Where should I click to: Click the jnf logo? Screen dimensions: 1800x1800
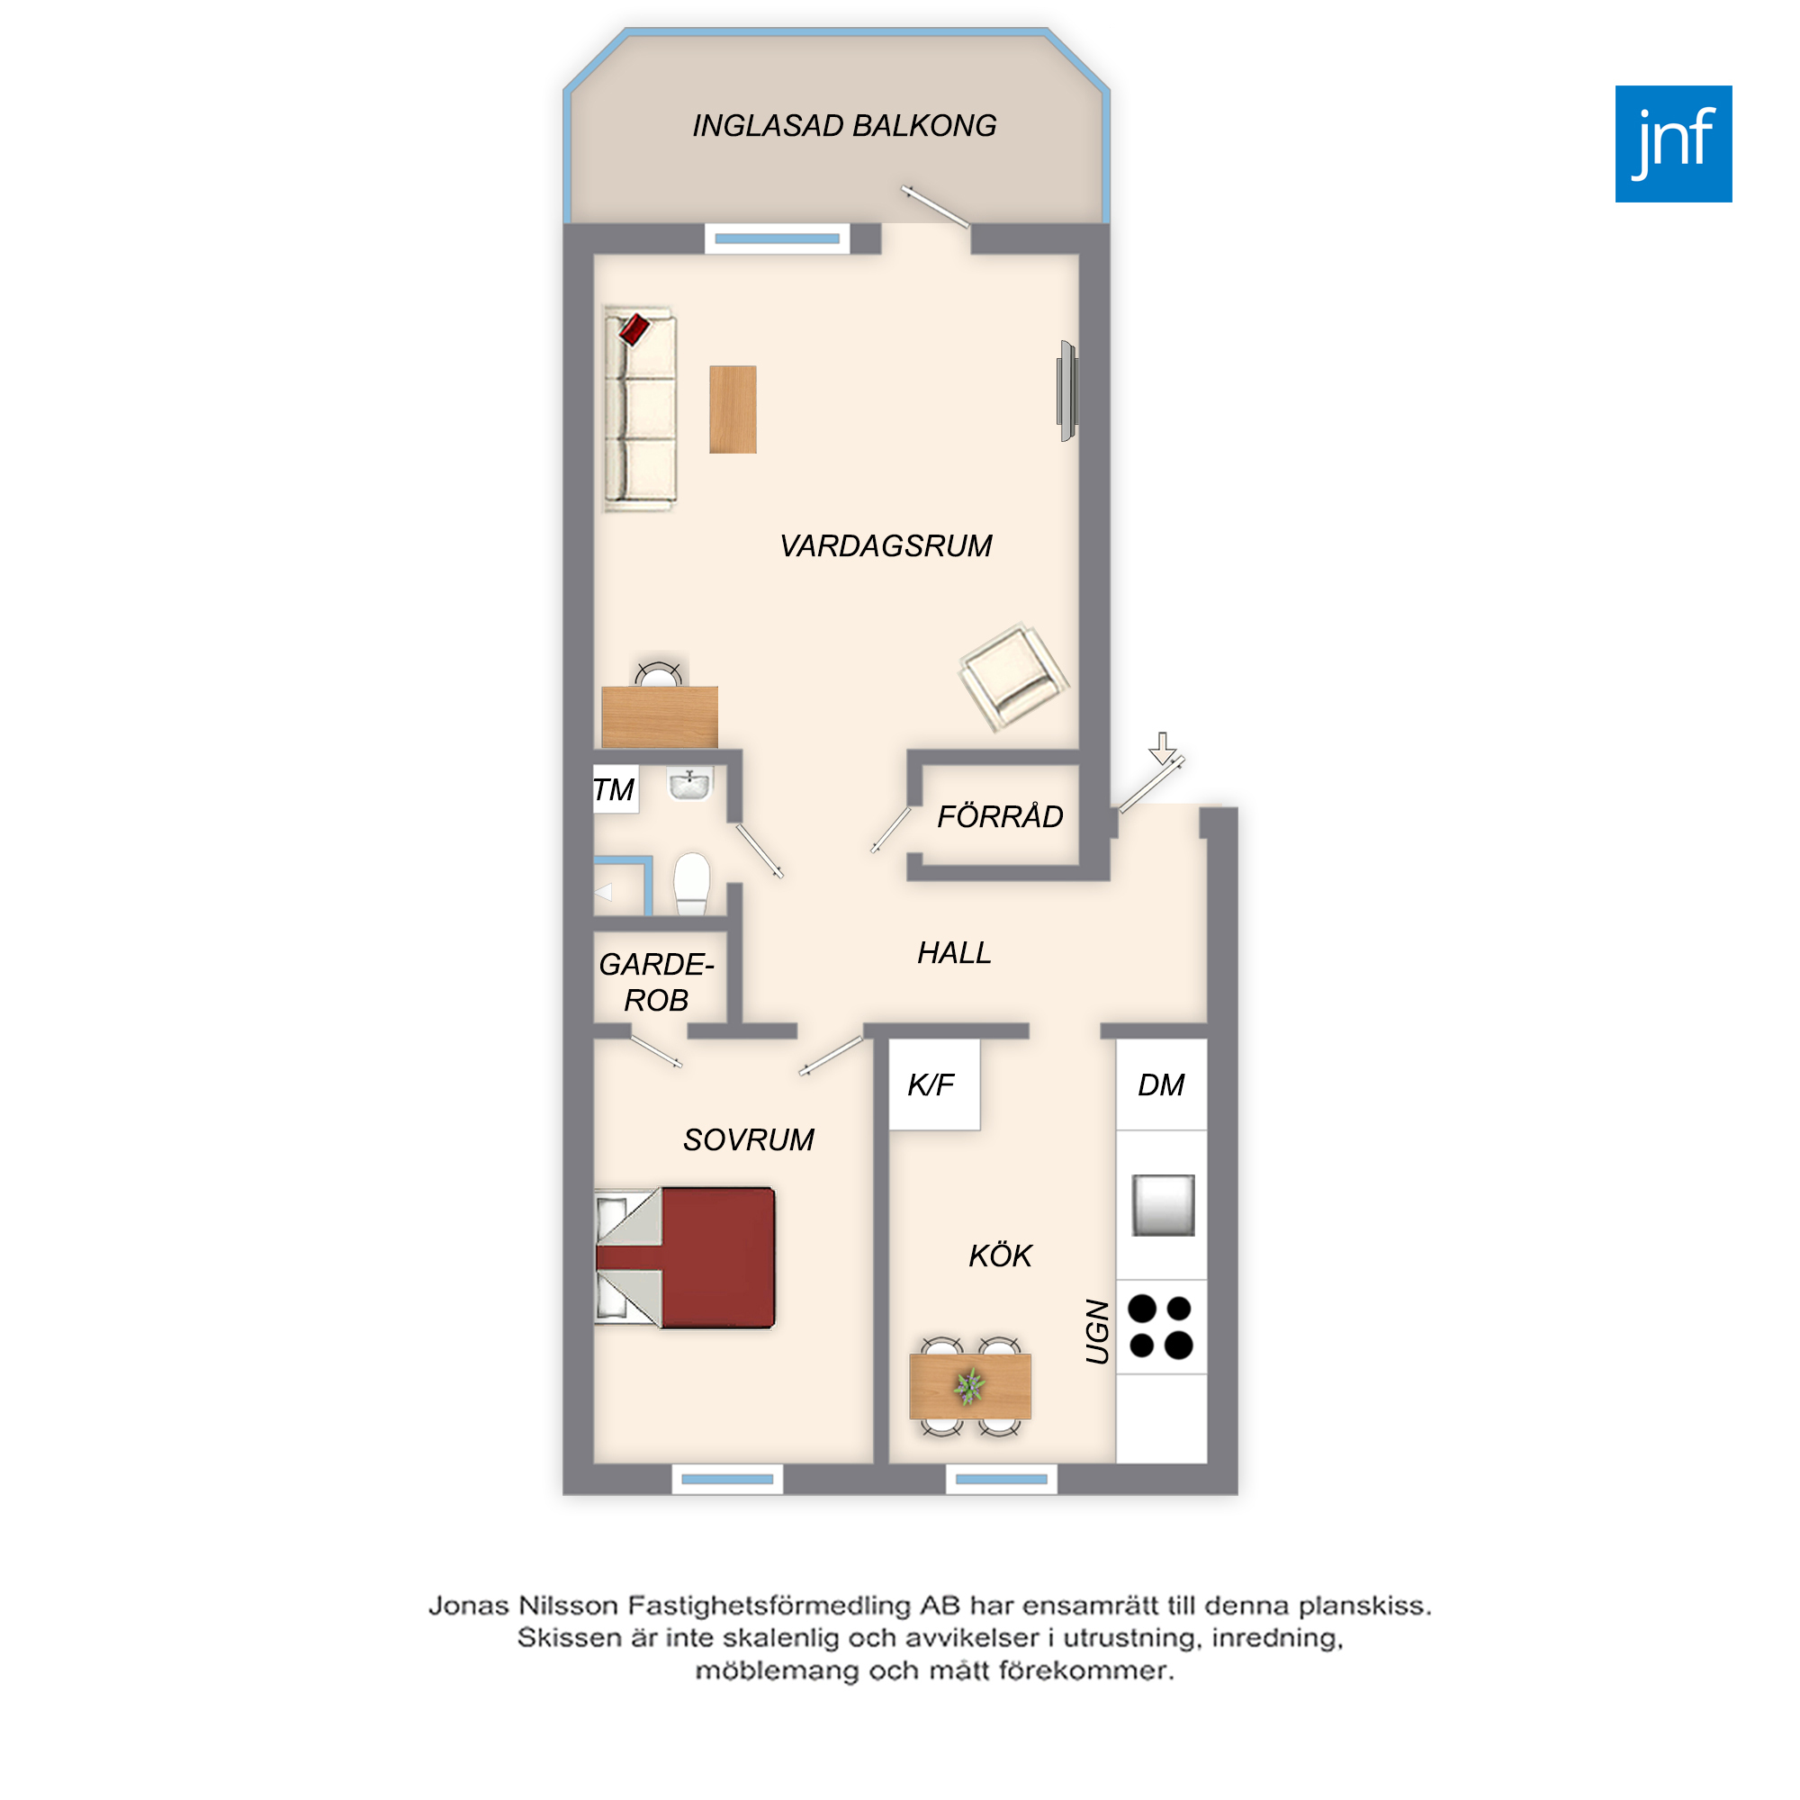(1673, 143)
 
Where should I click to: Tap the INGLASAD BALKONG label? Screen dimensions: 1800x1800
(844, 126)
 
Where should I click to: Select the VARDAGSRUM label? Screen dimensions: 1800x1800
(886, 546)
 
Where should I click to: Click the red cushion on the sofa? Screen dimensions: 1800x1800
(634, 328)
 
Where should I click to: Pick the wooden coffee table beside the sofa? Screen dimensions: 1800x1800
(733, 409)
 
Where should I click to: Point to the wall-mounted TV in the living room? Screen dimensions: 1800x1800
(1067, 391)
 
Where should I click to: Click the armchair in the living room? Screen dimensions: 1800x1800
(1012, 676)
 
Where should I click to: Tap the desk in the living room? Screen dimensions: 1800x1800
(660, 716)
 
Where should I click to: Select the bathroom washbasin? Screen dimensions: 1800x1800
(689, 785)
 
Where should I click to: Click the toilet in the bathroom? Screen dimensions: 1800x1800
(691, 883)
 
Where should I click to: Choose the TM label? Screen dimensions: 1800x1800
(614, 790)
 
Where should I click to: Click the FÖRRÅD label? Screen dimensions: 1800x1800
(1000, 816)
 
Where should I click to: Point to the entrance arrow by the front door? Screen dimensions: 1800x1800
(1162, 748)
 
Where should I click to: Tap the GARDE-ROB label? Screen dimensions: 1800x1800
(657, 982)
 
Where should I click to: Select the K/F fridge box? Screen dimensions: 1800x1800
(934, 1084)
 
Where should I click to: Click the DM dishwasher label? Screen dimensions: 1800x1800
(1161, 1084)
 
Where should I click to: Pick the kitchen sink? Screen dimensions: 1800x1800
(1164, 1206)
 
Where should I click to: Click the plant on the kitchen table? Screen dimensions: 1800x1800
(970, 1385)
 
